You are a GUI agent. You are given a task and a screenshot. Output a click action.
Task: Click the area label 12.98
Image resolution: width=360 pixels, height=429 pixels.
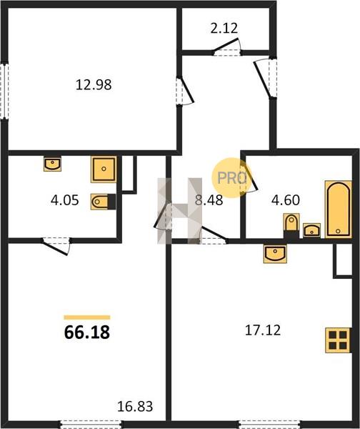point(94,85)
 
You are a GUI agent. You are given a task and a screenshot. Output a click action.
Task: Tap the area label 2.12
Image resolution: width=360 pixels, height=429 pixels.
point(224,28)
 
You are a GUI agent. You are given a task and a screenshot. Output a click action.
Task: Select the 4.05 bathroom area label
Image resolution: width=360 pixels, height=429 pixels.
point(65,200)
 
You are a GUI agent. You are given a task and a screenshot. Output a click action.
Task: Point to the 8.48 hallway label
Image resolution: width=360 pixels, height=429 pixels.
point(209,200)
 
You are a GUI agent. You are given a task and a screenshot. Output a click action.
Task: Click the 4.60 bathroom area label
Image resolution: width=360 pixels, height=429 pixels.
point(286,200)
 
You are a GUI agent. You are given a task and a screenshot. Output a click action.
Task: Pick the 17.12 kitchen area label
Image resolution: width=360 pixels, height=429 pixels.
point(263,330)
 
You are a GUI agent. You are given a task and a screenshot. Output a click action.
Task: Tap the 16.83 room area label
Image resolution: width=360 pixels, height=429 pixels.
point(135,407)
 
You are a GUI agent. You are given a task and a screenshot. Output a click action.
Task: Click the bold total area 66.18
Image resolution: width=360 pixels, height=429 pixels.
point(87,332)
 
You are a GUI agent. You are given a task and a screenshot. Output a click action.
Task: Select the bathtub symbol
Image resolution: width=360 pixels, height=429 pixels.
point(338,209)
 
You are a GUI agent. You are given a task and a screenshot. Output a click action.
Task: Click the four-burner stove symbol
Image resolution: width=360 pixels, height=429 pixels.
point(338,340)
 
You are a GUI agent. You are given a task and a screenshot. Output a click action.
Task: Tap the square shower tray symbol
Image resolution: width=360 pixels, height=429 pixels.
point(104,169)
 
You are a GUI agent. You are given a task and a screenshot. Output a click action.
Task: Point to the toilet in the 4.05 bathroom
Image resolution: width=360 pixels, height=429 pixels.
point(103,202)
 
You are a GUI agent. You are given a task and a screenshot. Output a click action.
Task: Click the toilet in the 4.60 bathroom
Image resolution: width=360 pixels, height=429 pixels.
point(291,226)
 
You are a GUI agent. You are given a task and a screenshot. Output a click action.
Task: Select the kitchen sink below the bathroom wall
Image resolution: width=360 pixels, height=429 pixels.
point(275,254)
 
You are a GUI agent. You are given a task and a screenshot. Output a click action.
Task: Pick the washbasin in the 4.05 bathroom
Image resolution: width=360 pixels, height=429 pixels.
point(52,164)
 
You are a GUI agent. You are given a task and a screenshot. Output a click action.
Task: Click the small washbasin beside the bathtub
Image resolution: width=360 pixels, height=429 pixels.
point(311,230)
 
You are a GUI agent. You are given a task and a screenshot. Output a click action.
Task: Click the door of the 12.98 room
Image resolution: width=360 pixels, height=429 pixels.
point(185,91)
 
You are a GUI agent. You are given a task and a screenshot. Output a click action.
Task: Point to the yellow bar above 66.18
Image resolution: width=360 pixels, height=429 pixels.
point(87,317)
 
